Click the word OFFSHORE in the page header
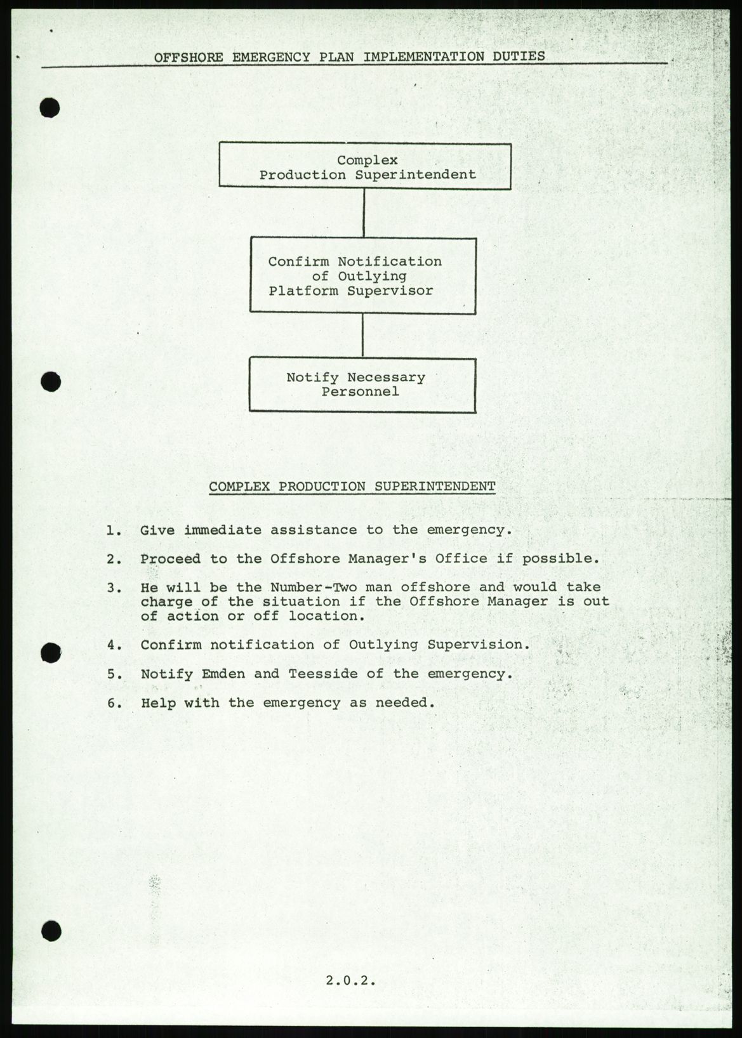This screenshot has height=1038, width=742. point(189,57)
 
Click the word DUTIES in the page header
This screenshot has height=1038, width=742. point(519,56)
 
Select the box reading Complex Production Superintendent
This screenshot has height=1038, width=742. point(365,166)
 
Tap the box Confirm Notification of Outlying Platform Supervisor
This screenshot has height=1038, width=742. point(362,275)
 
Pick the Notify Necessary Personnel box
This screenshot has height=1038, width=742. point(362,384)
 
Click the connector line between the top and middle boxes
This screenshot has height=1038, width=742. point(363,213)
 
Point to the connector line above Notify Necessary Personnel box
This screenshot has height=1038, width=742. point(362,335)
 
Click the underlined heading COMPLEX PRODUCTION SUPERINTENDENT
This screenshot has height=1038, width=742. point(352,487)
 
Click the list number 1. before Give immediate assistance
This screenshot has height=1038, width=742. point(114,530)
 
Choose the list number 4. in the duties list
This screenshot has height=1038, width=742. point(114,645)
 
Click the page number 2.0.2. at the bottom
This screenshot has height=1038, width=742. point(351,980)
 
